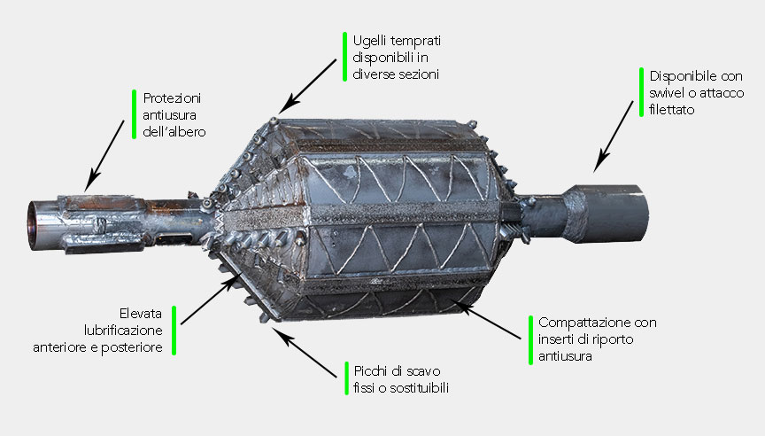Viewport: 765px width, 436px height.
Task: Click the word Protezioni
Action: coord(172,98)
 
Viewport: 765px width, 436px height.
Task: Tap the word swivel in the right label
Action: coord(667,93)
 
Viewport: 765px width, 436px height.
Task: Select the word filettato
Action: coord(672,110)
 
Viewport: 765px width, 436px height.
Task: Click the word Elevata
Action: coord(141,314)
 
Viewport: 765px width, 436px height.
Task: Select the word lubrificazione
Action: coord(123,331)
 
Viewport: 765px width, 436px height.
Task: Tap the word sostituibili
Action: coord(419,388)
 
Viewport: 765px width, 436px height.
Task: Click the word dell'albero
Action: coord(174,132)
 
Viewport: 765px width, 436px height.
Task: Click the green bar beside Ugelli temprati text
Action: coord(345,57)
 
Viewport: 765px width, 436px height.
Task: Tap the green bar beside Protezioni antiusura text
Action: coord(135,114)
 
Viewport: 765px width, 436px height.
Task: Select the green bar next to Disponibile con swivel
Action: coord(642,92)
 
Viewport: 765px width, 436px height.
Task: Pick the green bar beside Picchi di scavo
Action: coord(346,378)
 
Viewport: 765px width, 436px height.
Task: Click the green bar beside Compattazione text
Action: coord(531,339)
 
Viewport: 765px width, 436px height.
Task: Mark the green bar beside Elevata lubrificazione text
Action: coord(174,331)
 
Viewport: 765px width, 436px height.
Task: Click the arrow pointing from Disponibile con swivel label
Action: coord(614,136)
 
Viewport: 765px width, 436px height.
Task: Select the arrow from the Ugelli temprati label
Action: coord(307,87)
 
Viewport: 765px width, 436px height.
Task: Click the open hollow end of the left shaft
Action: coord(33,226)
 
